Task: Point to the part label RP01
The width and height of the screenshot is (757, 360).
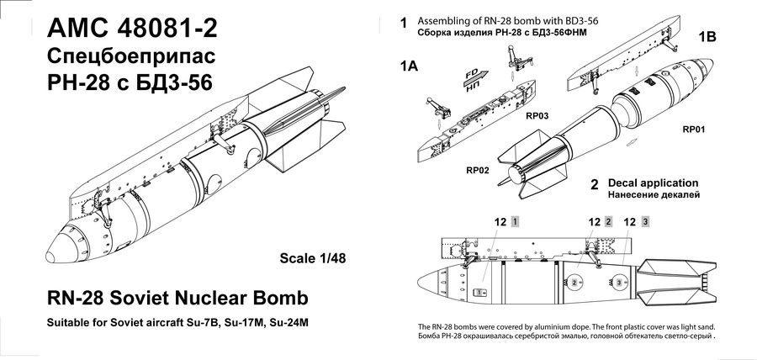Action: pos(697,130)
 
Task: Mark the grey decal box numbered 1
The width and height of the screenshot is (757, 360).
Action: pos(516,222)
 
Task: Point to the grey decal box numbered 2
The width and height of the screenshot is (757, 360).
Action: pos(608,222)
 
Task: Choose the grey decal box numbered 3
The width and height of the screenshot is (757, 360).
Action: pos(645,222)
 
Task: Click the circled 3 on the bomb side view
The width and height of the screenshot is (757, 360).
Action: pos(620,283)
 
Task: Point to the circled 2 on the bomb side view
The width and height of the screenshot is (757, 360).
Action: pos(574,283)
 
